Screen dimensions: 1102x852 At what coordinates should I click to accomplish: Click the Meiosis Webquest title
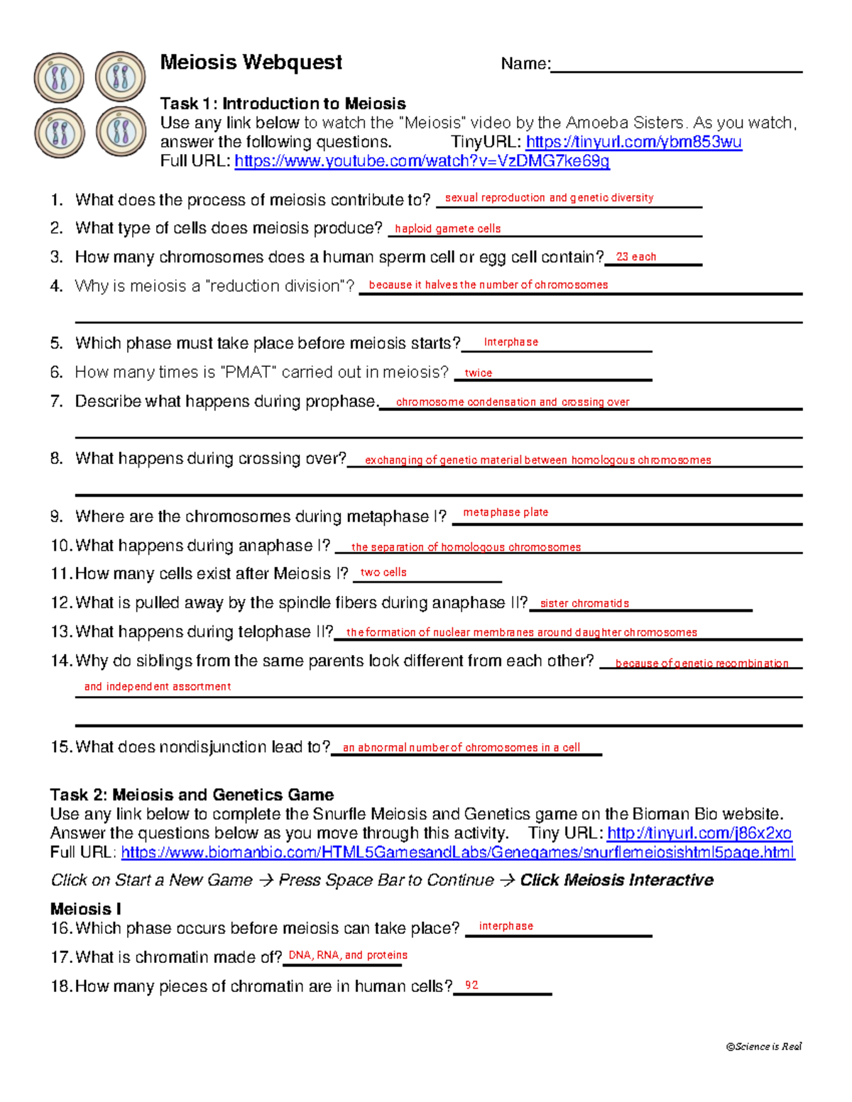pos(251,62)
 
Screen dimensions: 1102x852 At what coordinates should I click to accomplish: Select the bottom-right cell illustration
pos(121,132)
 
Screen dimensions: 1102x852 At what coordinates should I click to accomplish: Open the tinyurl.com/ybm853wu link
pos(633,142)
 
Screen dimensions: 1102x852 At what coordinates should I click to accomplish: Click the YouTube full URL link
pos(422,161)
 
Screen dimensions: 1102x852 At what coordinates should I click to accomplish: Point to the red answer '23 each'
pos(635,257)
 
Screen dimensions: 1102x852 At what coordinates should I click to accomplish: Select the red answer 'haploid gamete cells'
pos(447,228)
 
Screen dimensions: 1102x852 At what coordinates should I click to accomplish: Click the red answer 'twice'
pos(478,373)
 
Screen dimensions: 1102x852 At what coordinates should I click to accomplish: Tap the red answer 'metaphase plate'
pos(506,512)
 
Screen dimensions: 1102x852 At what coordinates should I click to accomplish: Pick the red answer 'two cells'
pos(383,572)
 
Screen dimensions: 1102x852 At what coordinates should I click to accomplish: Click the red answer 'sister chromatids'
pos(584,603)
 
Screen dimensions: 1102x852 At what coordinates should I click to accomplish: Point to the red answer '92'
pos(471,985)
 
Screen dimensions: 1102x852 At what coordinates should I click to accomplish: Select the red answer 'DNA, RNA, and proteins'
pos(348,955)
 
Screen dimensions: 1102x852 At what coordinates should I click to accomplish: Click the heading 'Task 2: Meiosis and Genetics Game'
pos(192,795)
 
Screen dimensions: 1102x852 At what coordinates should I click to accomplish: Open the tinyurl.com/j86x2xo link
pos(699,833)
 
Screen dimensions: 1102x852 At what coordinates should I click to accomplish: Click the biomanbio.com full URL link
pos(458,852)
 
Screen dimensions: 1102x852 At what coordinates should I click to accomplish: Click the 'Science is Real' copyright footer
pos(763,1046)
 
